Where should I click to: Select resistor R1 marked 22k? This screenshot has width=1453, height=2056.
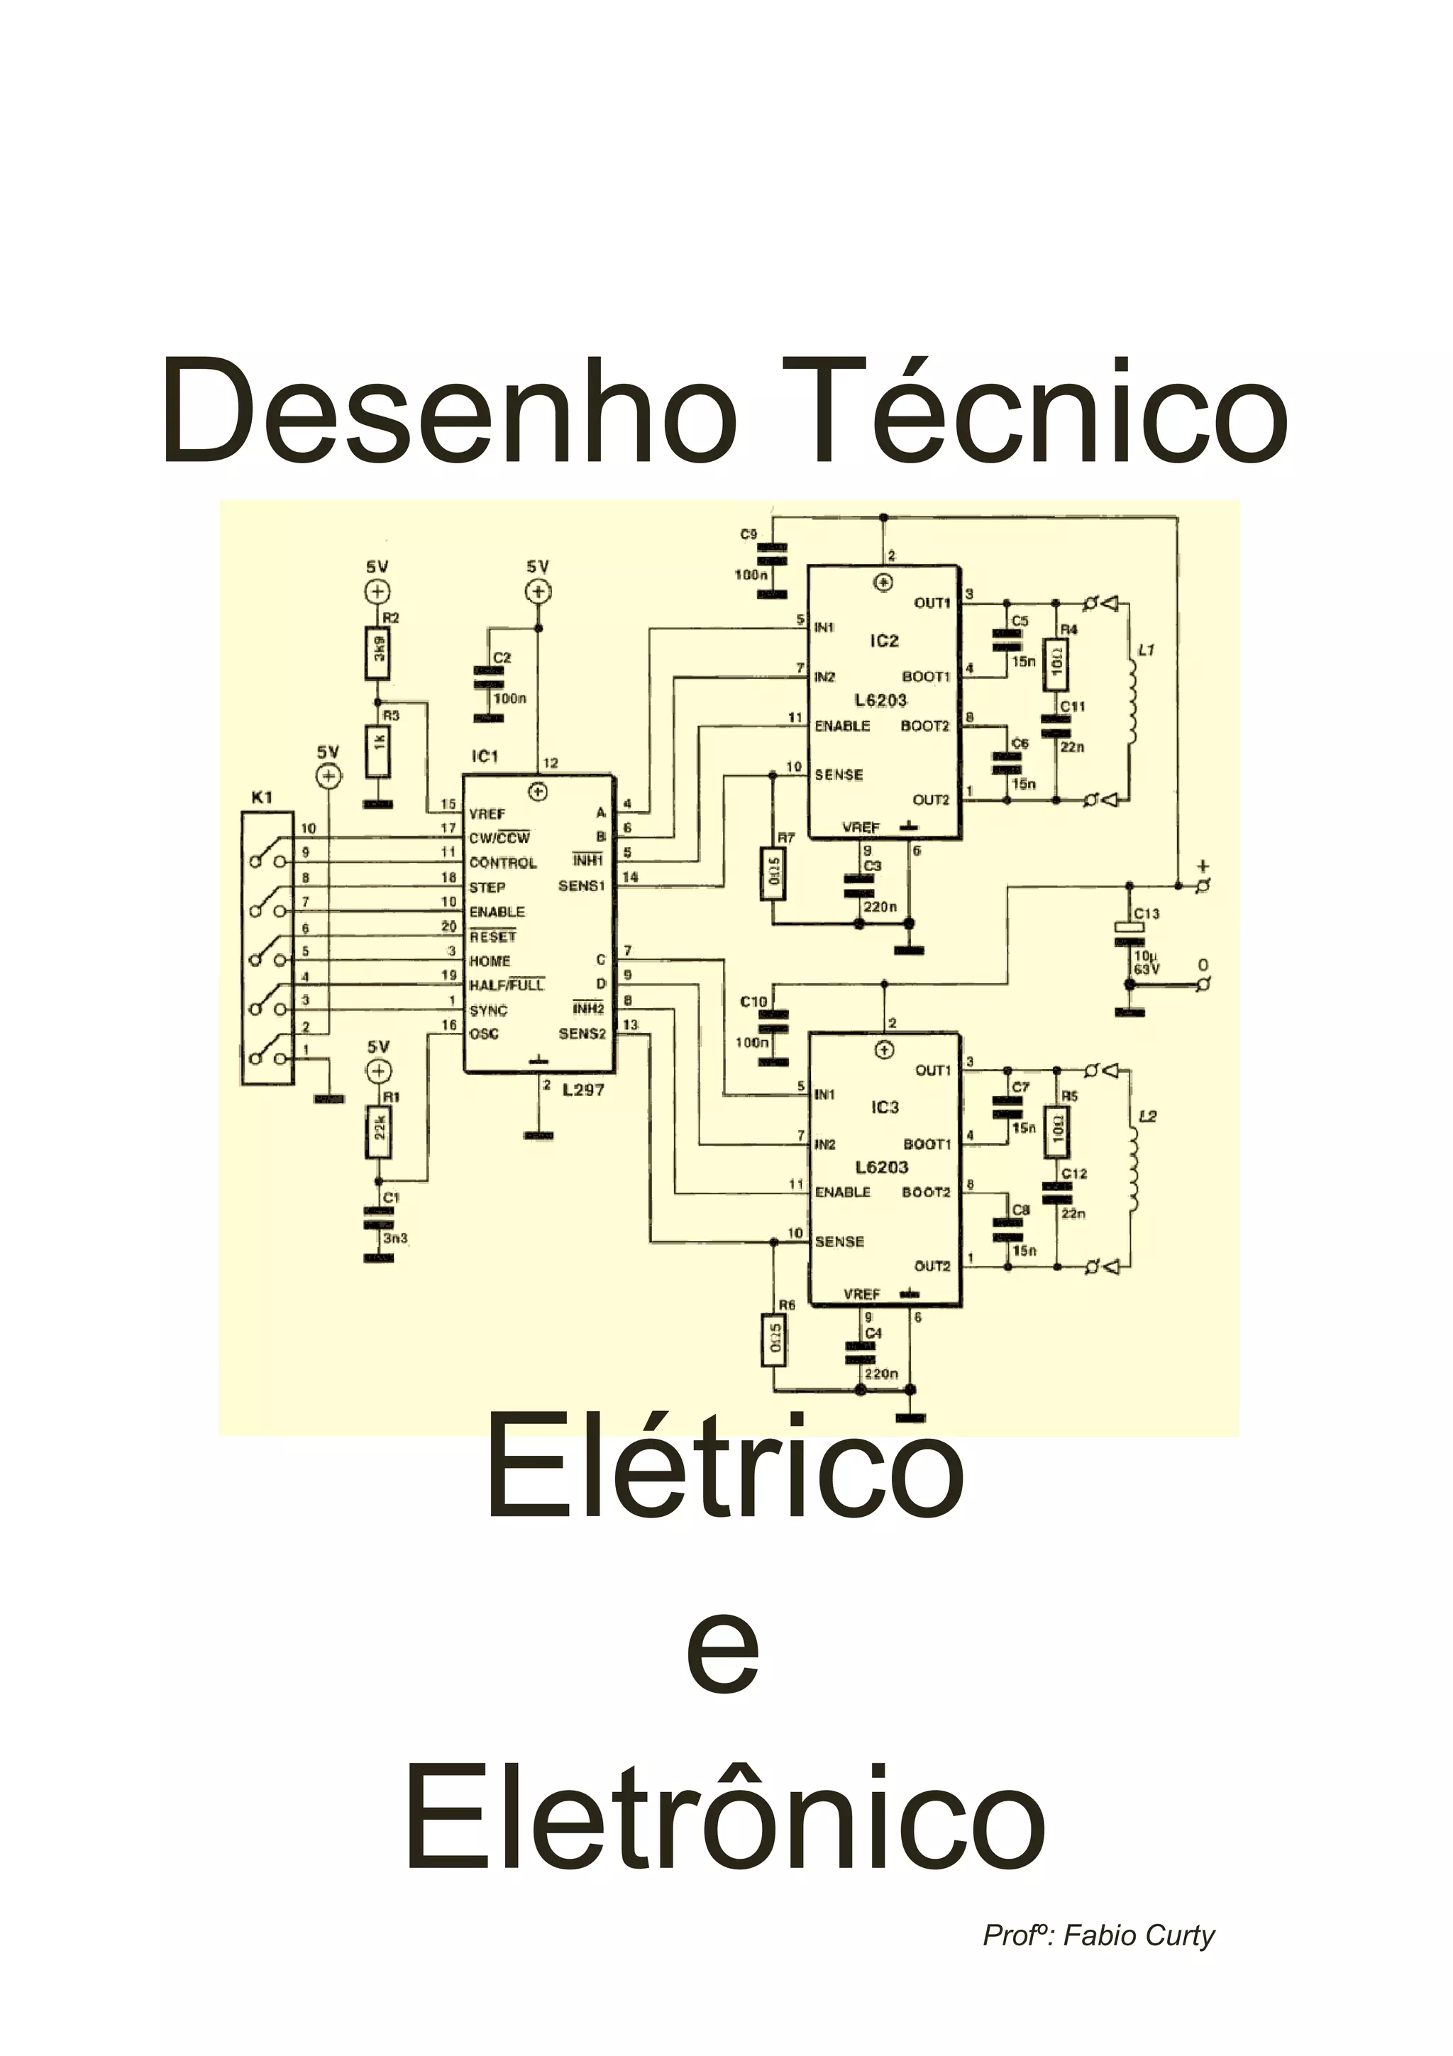coord(378,1133)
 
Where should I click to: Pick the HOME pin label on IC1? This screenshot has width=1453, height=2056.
coord(490,961)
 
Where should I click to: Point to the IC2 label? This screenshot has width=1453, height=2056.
coord(883,641)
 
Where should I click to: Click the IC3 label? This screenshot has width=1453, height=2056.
coord(883,1107)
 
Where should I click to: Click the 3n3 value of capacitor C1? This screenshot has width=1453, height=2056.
coord(394,1239)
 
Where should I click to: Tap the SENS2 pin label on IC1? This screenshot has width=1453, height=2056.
coord(582,1034)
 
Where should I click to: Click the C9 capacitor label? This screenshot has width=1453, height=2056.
coord(748,535)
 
